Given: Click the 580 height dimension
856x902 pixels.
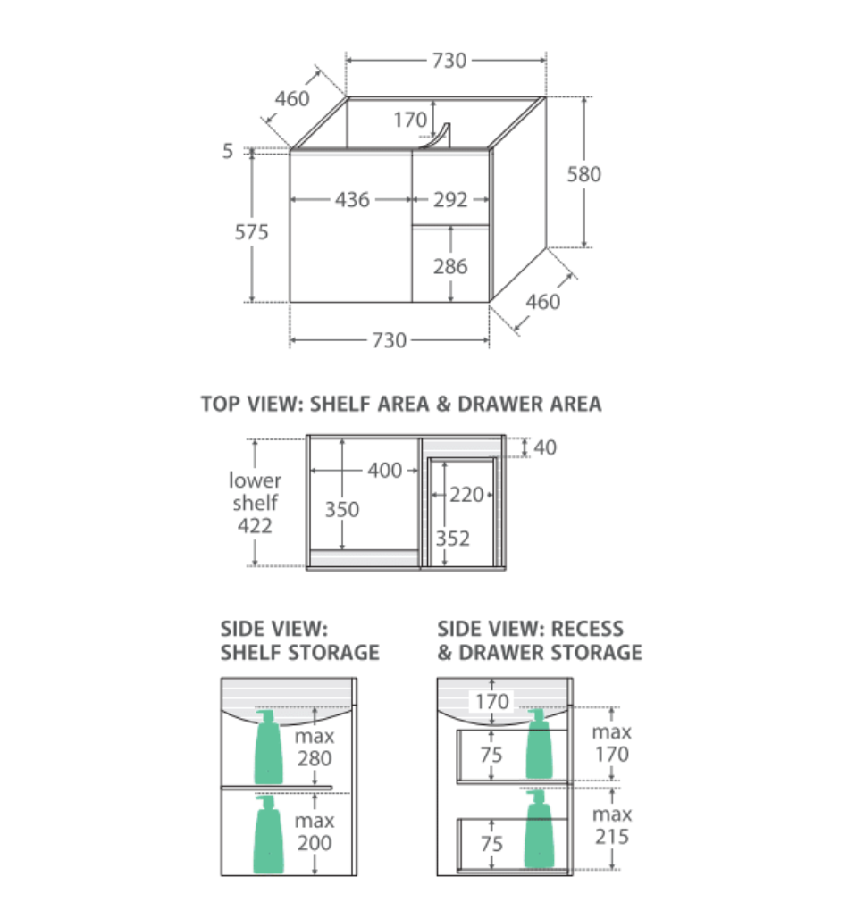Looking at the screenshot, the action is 583,174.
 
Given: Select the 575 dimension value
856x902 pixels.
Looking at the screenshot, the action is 252,232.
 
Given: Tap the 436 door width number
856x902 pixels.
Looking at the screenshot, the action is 352,200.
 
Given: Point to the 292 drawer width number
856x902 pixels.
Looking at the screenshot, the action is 450,200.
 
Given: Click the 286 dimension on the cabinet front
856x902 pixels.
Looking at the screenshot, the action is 450,266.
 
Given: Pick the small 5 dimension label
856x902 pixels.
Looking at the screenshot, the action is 228,151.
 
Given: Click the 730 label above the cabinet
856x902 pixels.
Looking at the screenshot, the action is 449,61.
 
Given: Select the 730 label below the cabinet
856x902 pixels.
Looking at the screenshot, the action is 390,340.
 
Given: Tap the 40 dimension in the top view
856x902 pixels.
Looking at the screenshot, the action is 545,447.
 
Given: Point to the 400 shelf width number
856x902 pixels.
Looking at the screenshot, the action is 384,471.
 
